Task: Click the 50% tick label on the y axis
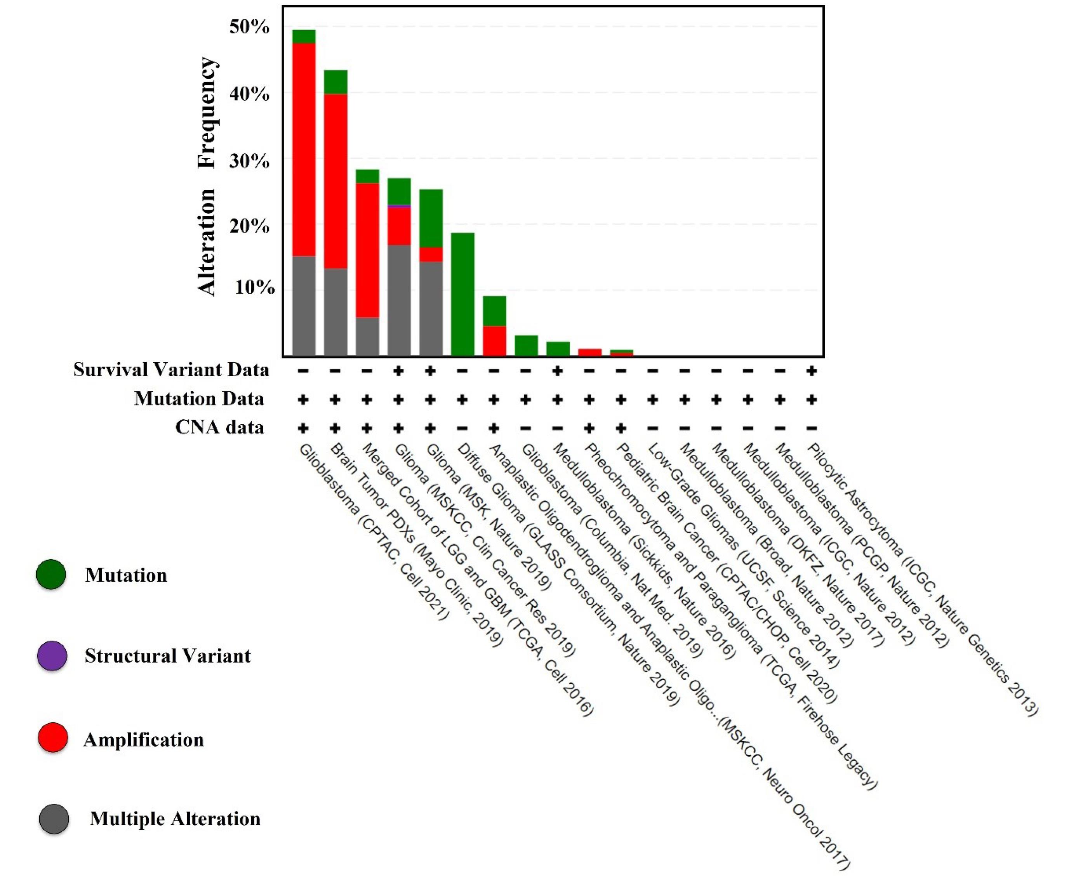[x=249, y=27]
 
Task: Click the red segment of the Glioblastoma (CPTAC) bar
[x=303, y=148]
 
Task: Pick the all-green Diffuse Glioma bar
[x=462, y=294]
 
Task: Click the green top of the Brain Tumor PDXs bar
[x=335, y=82]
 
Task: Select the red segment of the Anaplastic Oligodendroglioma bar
[x=494, y=340]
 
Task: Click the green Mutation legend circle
[x=51, y=574]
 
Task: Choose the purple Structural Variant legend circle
[x=52, y=655]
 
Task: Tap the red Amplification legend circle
[x=53, y=738]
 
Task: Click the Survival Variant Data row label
[x=171, y=369]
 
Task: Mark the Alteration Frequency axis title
[x=207, y=177]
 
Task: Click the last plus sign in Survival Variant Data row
[x=811, y=370]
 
